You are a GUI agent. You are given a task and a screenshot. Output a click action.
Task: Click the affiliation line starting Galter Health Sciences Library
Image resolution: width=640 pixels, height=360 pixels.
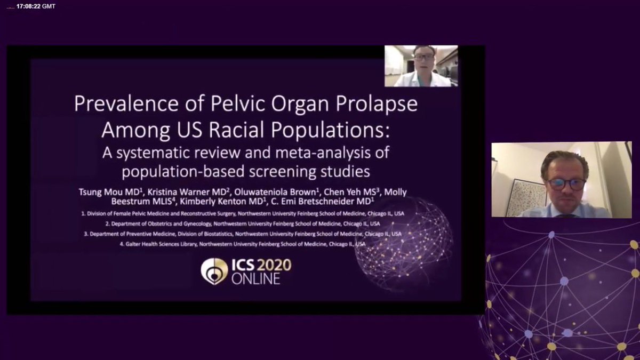point(224,244)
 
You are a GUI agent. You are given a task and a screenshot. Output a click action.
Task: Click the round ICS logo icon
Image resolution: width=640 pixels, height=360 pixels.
point(214,271)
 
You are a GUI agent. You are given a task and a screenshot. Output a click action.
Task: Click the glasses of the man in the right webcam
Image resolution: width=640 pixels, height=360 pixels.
point(565,183)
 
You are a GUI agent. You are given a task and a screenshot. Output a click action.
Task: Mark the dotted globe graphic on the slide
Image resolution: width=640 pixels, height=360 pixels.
point(404,240)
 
